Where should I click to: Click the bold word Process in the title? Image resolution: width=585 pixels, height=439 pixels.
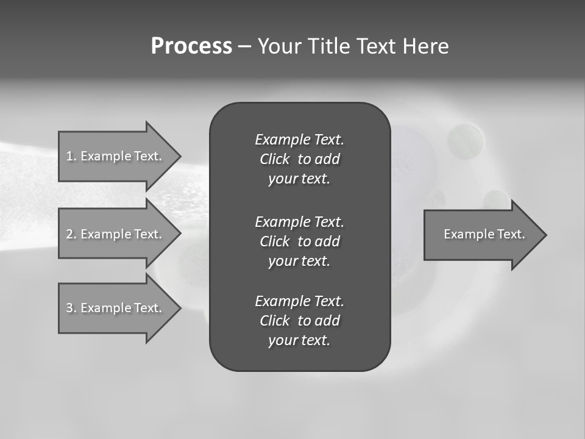pos(191,46)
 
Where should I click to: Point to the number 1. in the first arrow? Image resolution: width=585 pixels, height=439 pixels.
pos(71,156)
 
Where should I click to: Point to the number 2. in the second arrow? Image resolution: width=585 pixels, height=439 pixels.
pos(71,234)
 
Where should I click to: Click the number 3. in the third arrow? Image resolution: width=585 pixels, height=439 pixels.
pos(71,308)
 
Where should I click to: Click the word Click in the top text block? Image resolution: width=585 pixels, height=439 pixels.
pos(274,160)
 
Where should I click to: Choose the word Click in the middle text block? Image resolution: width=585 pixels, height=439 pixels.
pos(274,241)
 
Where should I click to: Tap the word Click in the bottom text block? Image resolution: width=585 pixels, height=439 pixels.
pos(274,321)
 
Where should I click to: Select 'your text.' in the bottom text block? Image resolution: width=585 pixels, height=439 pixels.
pos(299,341)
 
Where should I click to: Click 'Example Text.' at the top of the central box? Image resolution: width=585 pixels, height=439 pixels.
pos(299,140)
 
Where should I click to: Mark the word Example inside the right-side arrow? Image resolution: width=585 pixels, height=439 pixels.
pos(465,234)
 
